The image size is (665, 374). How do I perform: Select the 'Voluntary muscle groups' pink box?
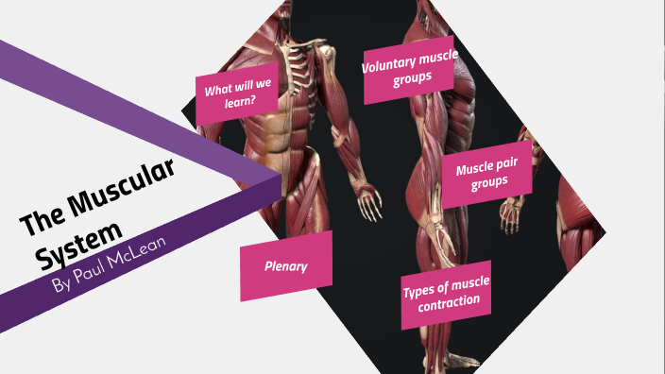(x=408, y=71)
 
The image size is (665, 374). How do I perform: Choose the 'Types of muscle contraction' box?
(x=446, y=294)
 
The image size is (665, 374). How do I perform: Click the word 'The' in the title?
(x=41, y=225)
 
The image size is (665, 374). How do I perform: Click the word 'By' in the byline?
(x=60, y=285)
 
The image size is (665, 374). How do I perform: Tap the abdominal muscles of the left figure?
(x=280, y=132)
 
